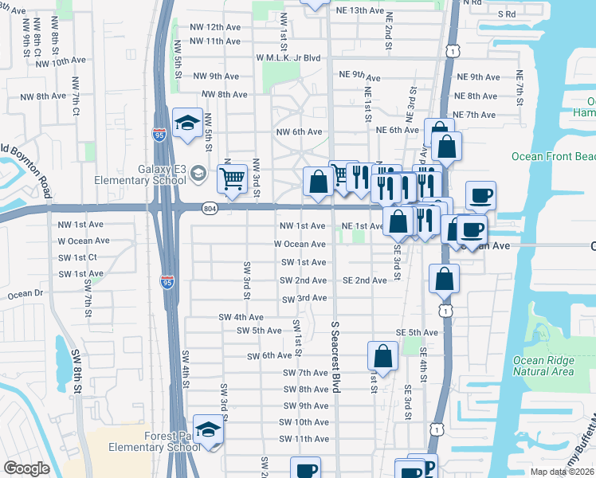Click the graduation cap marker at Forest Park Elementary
click(x=209, y=430)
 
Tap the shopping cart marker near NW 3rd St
click(x=232, y=178)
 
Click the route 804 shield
click(x=209, y=208)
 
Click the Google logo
click(x=26, y=468)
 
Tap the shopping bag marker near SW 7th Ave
click(x=382, y=355)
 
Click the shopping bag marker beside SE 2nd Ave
click(x=444, y=279)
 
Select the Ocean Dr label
click(x=25, y=294)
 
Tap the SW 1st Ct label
click(x=77, y=257)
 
